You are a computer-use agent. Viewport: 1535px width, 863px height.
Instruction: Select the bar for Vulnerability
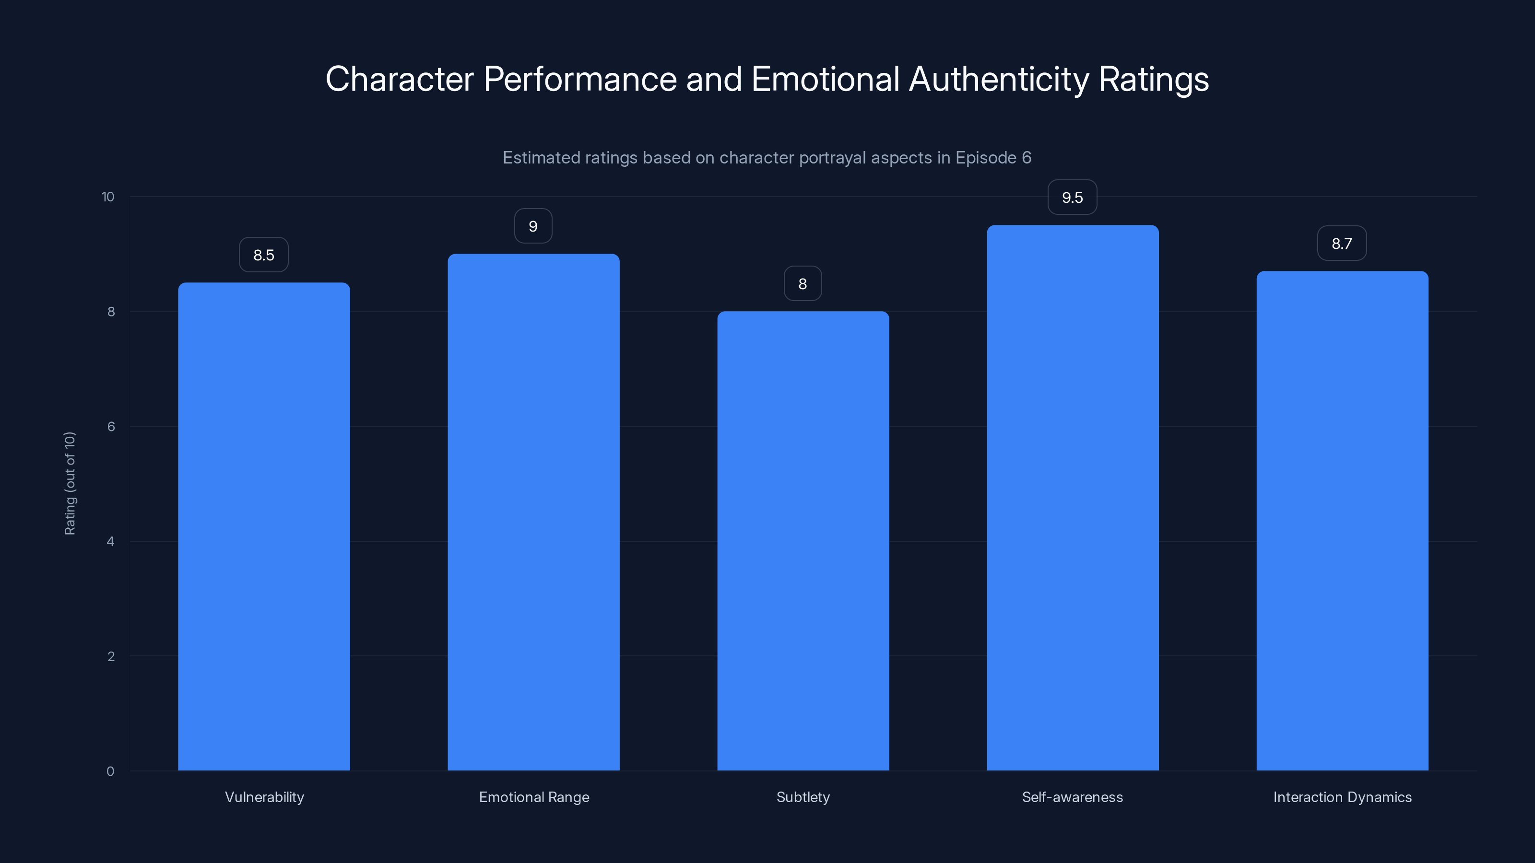coord(264,526)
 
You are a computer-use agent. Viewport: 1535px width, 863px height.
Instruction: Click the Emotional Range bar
coord(533,512)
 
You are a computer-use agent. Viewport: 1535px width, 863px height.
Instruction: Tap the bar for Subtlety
coord(803,541)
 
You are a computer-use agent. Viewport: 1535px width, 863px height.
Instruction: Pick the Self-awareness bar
coord(1073,498)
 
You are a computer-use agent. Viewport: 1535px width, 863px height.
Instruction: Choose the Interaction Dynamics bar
coord(1342,521)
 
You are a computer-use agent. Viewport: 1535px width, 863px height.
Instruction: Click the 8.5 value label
coord(264,255)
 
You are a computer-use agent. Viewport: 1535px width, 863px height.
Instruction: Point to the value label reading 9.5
coord(1073,198)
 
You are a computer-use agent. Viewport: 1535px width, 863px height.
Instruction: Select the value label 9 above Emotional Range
coord(533,226)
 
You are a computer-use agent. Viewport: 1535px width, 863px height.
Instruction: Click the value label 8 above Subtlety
coord(803,284)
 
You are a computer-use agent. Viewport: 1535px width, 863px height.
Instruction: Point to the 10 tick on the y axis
coord(108,197)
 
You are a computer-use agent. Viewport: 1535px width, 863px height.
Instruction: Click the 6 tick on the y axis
coord(111,426)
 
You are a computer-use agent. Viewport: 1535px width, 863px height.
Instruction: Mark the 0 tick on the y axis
coord(110,771)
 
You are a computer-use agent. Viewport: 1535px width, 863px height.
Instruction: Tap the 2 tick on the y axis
coord(111,656)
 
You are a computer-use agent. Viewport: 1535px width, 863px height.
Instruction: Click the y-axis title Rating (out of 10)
coord(70,484)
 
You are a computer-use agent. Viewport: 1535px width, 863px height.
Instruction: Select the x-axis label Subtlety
coord(803,797)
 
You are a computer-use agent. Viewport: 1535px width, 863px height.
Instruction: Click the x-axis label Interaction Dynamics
coord(1342,797)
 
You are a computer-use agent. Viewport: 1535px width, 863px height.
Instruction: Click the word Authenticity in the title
coord(999,79)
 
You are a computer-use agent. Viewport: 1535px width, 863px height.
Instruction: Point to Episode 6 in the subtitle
coord(993,158)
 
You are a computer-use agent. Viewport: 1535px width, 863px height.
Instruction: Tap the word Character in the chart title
coord(399,79)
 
